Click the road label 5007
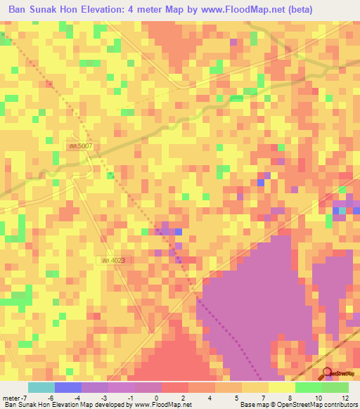tap(81, 145)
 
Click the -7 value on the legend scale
tap(20, 397)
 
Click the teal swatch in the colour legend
tap(41, 387)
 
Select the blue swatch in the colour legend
tap(67, 387)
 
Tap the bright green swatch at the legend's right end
tap(335, 387)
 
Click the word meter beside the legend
tap(9, 397)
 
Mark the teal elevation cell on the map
tap(343, 210)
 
